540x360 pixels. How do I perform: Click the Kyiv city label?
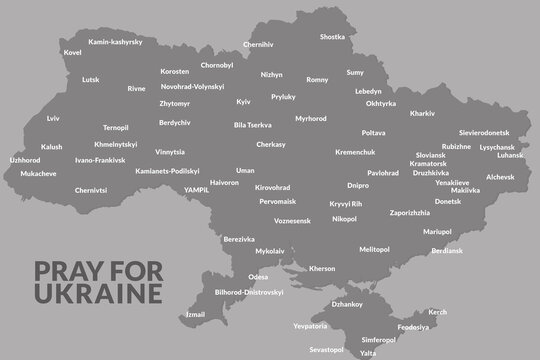243,102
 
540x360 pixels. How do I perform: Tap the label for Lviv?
53,118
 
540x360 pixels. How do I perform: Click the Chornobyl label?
217,65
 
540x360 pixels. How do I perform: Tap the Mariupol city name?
437,231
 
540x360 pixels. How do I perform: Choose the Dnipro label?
357,185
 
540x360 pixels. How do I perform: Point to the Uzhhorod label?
24,159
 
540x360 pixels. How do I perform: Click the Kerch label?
437,312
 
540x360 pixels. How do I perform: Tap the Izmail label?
195,314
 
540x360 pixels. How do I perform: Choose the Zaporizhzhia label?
396,213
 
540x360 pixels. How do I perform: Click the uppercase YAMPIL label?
192,186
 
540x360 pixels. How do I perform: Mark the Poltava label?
373,132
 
